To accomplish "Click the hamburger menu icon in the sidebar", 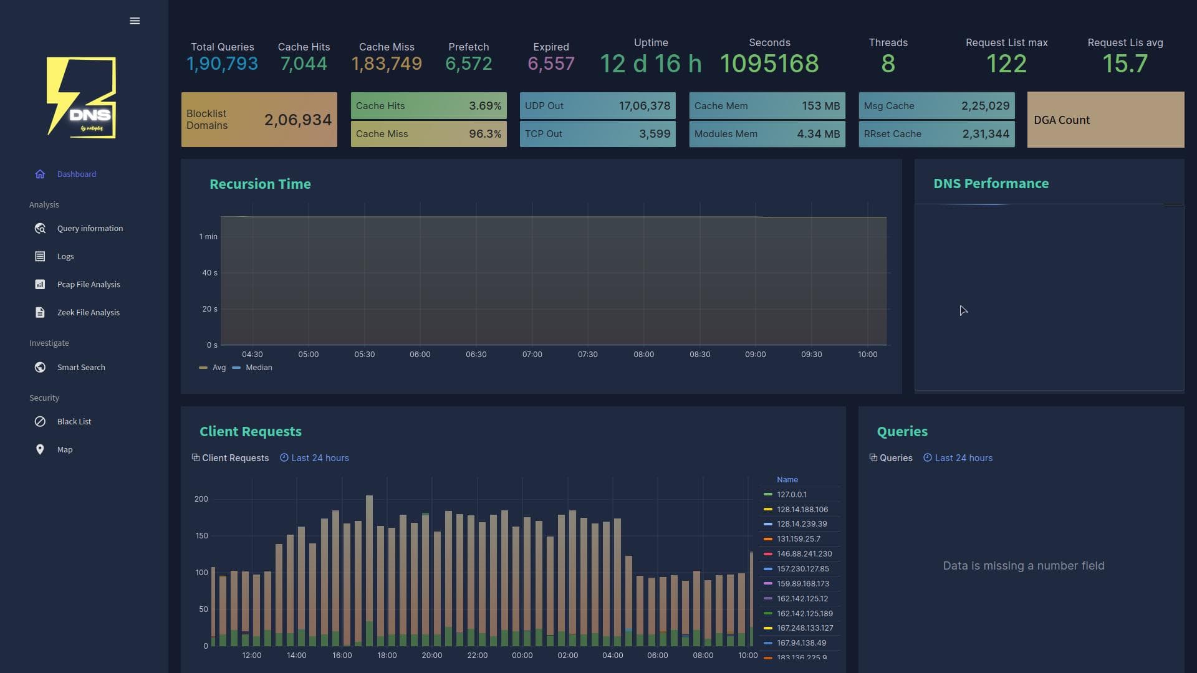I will [x=135, y=21].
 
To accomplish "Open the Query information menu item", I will [x=90, y=229].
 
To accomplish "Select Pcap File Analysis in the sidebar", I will [x=89, y=285].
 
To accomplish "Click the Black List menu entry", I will [x=74, y=422].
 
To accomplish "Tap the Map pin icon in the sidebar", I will [x=40, y=450].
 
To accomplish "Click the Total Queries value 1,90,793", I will [x=222, y=64].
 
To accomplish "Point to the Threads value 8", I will [x=888, y=64].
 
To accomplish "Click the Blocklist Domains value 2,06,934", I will [x=297, y=120].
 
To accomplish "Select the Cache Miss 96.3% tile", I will [x=428, y=134].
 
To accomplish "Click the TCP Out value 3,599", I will [x=654, y=134].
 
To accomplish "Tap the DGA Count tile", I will [x=1105, y=120].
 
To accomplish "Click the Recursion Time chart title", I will [x=260, y=184].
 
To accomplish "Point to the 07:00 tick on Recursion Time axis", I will [x=532, y=355].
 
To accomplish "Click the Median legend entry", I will [x=258, y=368].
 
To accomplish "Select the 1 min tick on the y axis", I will [x=208, y=237].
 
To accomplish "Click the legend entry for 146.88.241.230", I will [x=804, y=554].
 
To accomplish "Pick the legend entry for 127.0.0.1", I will [x=791, y=495].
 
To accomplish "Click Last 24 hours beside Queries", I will [x=963, y=458].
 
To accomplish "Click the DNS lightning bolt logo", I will [x=81, y=98].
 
